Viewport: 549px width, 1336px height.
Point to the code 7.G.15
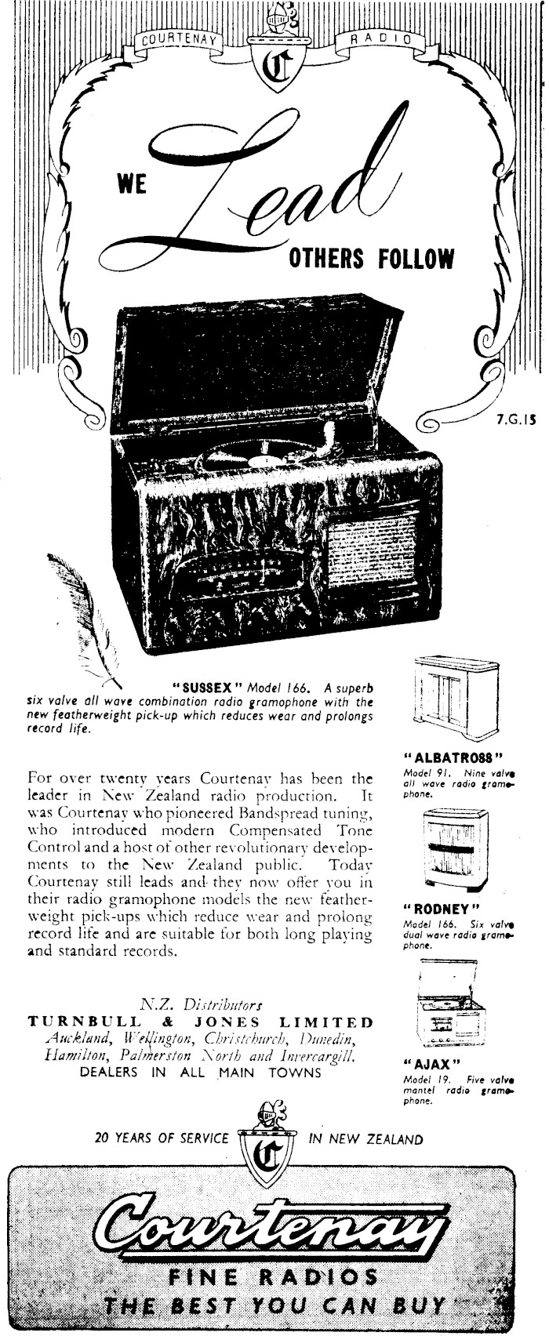[514, 419]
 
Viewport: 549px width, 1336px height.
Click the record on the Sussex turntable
[255, 457]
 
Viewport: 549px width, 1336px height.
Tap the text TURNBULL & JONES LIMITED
[201, 1022]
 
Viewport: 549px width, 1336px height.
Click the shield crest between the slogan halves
[273, 1149]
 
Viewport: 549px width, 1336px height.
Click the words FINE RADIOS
[273, 1278]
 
